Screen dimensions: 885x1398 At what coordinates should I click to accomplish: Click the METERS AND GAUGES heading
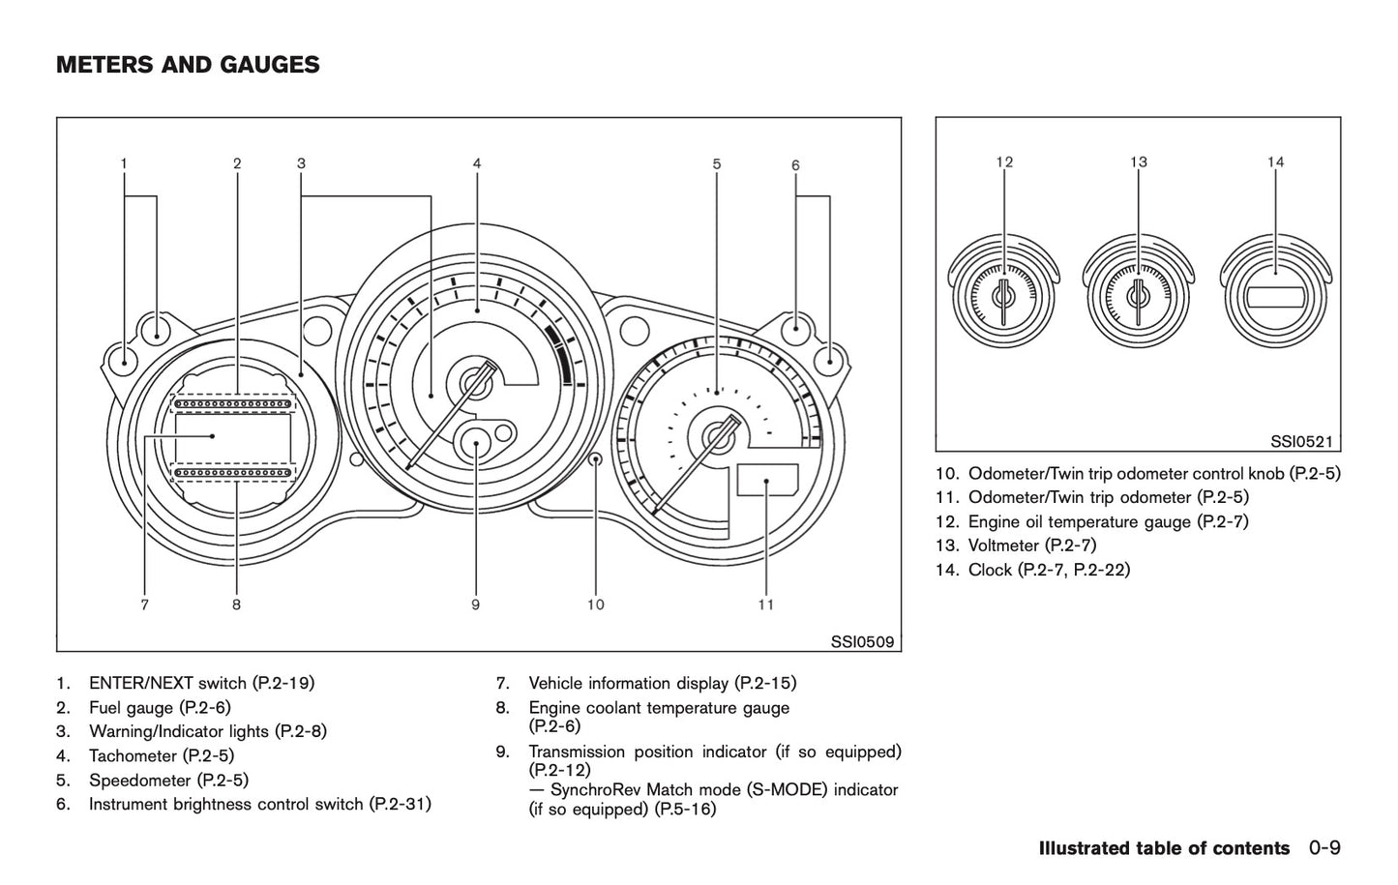(188, 66)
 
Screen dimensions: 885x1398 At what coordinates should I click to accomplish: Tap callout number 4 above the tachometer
(477, 163)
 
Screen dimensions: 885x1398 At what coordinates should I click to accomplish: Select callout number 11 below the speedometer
(766, 605)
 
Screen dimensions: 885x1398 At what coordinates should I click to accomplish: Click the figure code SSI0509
(862, 641)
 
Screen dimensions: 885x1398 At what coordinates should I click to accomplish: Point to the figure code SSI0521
(1301, 442)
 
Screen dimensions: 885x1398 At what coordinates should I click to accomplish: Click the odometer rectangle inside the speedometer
(767, 480)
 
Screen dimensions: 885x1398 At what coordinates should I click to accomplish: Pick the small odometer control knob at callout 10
(596, 459)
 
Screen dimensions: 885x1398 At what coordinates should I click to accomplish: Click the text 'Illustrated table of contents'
(1164, 848)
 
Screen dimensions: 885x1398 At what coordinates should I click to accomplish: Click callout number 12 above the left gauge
(1004, 162)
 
